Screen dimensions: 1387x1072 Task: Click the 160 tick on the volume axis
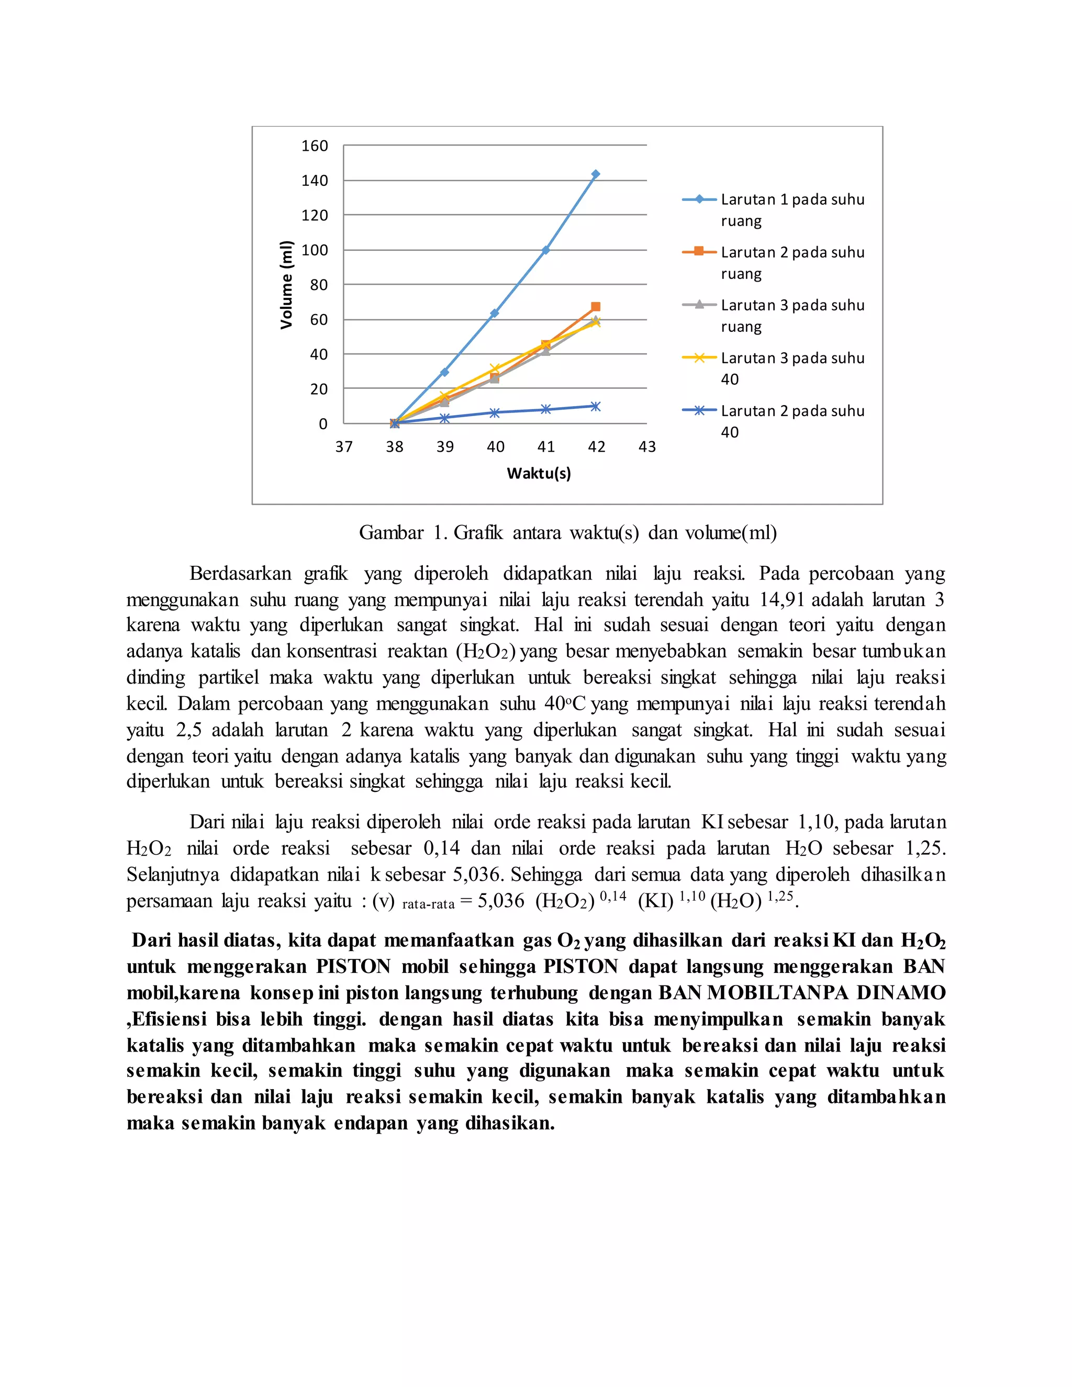tap(315, 146)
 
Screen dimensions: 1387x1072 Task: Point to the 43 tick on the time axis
tap(646, 446)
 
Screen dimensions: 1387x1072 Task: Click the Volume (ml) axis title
tap(286, 285)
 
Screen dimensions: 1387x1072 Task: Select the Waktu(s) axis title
tap(539, 473)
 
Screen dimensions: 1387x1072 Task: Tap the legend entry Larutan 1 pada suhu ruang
tap(792, 209)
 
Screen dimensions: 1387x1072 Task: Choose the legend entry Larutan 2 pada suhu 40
tap(792, 421)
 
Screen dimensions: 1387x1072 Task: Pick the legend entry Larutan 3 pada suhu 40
tap(792, 368)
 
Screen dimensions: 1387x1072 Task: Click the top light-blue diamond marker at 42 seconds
tap(595, 174)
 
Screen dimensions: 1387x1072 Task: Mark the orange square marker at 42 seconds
tap(595, 307)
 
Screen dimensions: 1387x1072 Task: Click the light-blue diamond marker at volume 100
tap(545, 250)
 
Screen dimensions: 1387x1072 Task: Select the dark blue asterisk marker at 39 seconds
tap(444, 418)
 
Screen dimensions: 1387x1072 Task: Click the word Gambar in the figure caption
tap(390, 532)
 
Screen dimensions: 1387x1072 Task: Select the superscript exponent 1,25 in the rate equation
tap(780, 896)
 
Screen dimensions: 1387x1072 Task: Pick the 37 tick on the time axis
tap(343, 446)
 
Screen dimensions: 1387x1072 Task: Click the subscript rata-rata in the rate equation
tap(428, 904)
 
